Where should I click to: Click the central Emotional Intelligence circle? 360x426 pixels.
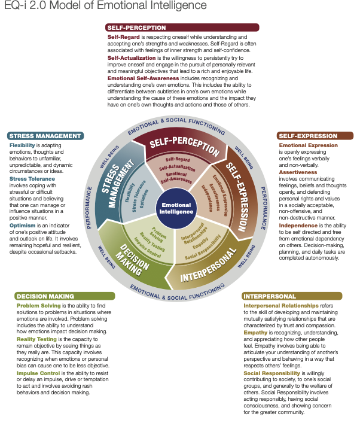pyautogui.click(x=177, y=208)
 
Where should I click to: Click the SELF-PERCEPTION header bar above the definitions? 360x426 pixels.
pyautogui.click(x=182, y=27)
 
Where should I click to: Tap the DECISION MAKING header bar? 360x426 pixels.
pyautogui.click(x=65, y=296)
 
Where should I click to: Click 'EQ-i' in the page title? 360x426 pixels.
pyautogui.click(x=14, y=7)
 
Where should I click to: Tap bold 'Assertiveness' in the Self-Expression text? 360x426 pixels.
pyautogui.click(x=298, y=172)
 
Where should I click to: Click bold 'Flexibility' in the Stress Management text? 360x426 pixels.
pyautogui.click(x=22, y=145)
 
